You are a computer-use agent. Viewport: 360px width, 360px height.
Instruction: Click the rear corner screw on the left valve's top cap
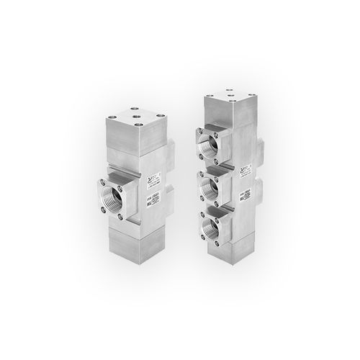(x=136, y=111)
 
